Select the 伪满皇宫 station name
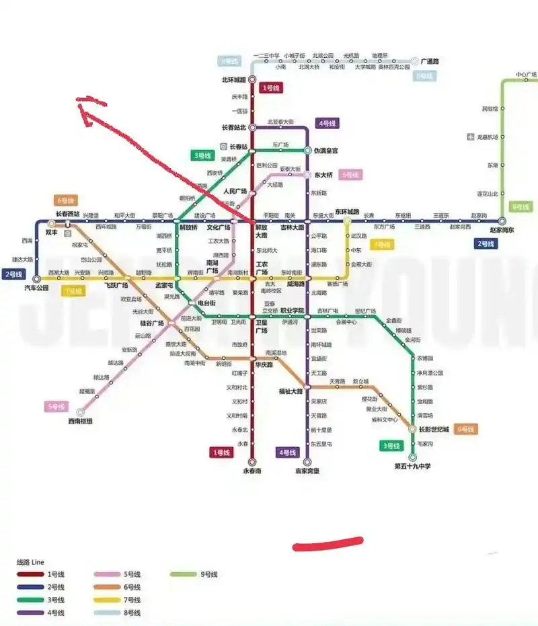click(x=326, y=151)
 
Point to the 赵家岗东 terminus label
click(x=501, y=230)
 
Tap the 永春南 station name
click(x=252, y=471)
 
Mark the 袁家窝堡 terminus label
click(x=307, y=471)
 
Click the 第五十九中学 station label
click(x=412, y=467)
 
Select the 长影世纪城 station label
click(x=434, y=429)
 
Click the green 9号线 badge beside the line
click(x=521, y=207)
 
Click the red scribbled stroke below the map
click(x=328, y=543)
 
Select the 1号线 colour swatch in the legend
click(x=30, y=574)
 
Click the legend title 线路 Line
click(x=30, y=561)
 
